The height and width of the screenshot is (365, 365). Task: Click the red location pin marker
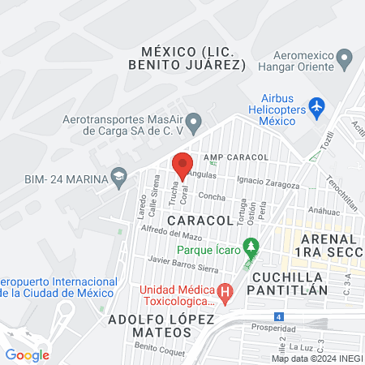182,165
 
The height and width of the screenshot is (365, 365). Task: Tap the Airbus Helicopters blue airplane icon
316,106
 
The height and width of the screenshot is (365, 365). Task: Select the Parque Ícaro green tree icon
251,244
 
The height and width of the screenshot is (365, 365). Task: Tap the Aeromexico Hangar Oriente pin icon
345,58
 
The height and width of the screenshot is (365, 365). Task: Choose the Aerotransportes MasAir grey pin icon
193,124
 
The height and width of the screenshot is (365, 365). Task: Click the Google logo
28,354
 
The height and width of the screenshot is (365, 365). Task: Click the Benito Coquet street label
155,346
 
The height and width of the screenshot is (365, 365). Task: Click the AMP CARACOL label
236,156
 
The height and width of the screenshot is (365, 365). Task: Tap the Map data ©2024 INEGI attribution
316,359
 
